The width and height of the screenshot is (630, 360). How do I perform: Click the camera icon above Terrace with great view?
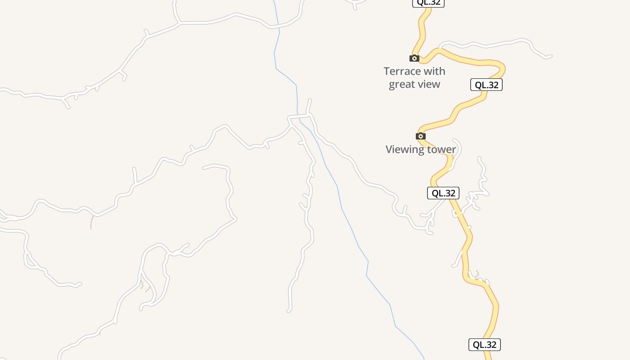click(414, 58)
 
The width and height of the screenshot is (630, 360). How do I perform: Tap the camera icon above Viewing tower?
click(421, 136)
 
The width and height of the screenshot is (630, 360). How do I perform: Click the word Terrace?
click(401, 71)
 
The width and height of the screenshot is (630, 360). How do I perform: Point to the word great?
click(402, 84)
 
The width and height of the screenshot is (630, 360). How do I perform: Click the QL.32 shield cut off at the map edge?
click(428, 3)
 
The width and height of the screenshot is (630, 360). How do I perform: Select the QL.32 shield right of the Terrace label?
click(486, 85)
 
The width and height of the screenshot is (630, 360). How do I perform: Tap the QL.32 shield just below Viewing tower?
click(443, 193)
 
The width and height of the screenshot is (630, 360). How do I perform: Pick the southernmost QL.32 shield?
click(485, 345)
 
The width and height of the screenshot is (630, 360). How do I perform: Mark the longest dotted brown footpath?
click(92, 222)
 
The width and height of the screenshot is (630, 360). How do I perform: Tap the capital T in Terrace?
click(387, 71)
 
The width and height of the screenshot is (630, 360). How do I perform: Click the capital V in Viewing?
click(389, 149)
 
